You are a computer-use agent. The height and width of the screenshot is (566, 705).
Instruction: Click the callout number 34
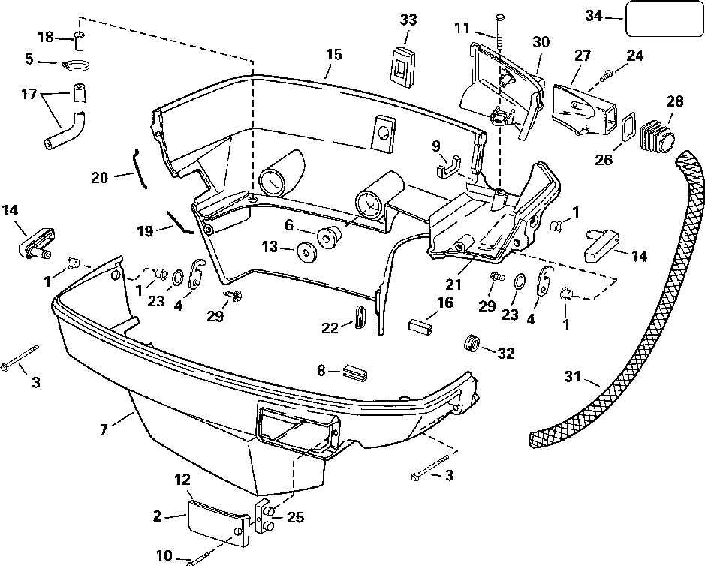pyautogui.click(x=594, y=16)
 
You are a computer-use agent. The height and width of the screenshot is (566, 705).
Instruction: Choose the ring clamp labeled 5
pyautogui.click(x=77, y=65)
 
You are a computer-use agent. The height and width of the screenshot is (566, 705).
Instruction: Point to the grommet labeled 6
pyautogui.click(x=328, y=237)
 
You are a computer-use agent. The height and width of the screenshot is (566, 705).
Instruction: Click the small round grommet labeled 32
pyautogui.click(x=471, y=343)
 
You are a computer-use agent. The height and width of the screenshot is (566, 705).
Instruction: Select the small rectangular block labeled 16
pyautogui.click(x=421, y=325)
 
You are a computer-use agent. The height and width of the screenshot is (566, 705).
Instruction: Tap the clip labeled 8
pyautogui.click(x=355, y=372)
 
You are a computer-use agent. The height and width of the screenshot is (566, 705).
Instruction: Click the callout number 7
pyautogui.click(x=104, y=429)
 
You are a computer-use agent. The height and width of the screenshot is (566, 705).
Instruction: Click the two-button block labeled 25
pyautogui.click(x=264, y=516)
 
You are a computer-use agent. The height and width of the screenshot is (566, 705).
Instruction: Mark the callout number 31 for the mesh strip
pyautogui.click(x=573, y=376)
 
